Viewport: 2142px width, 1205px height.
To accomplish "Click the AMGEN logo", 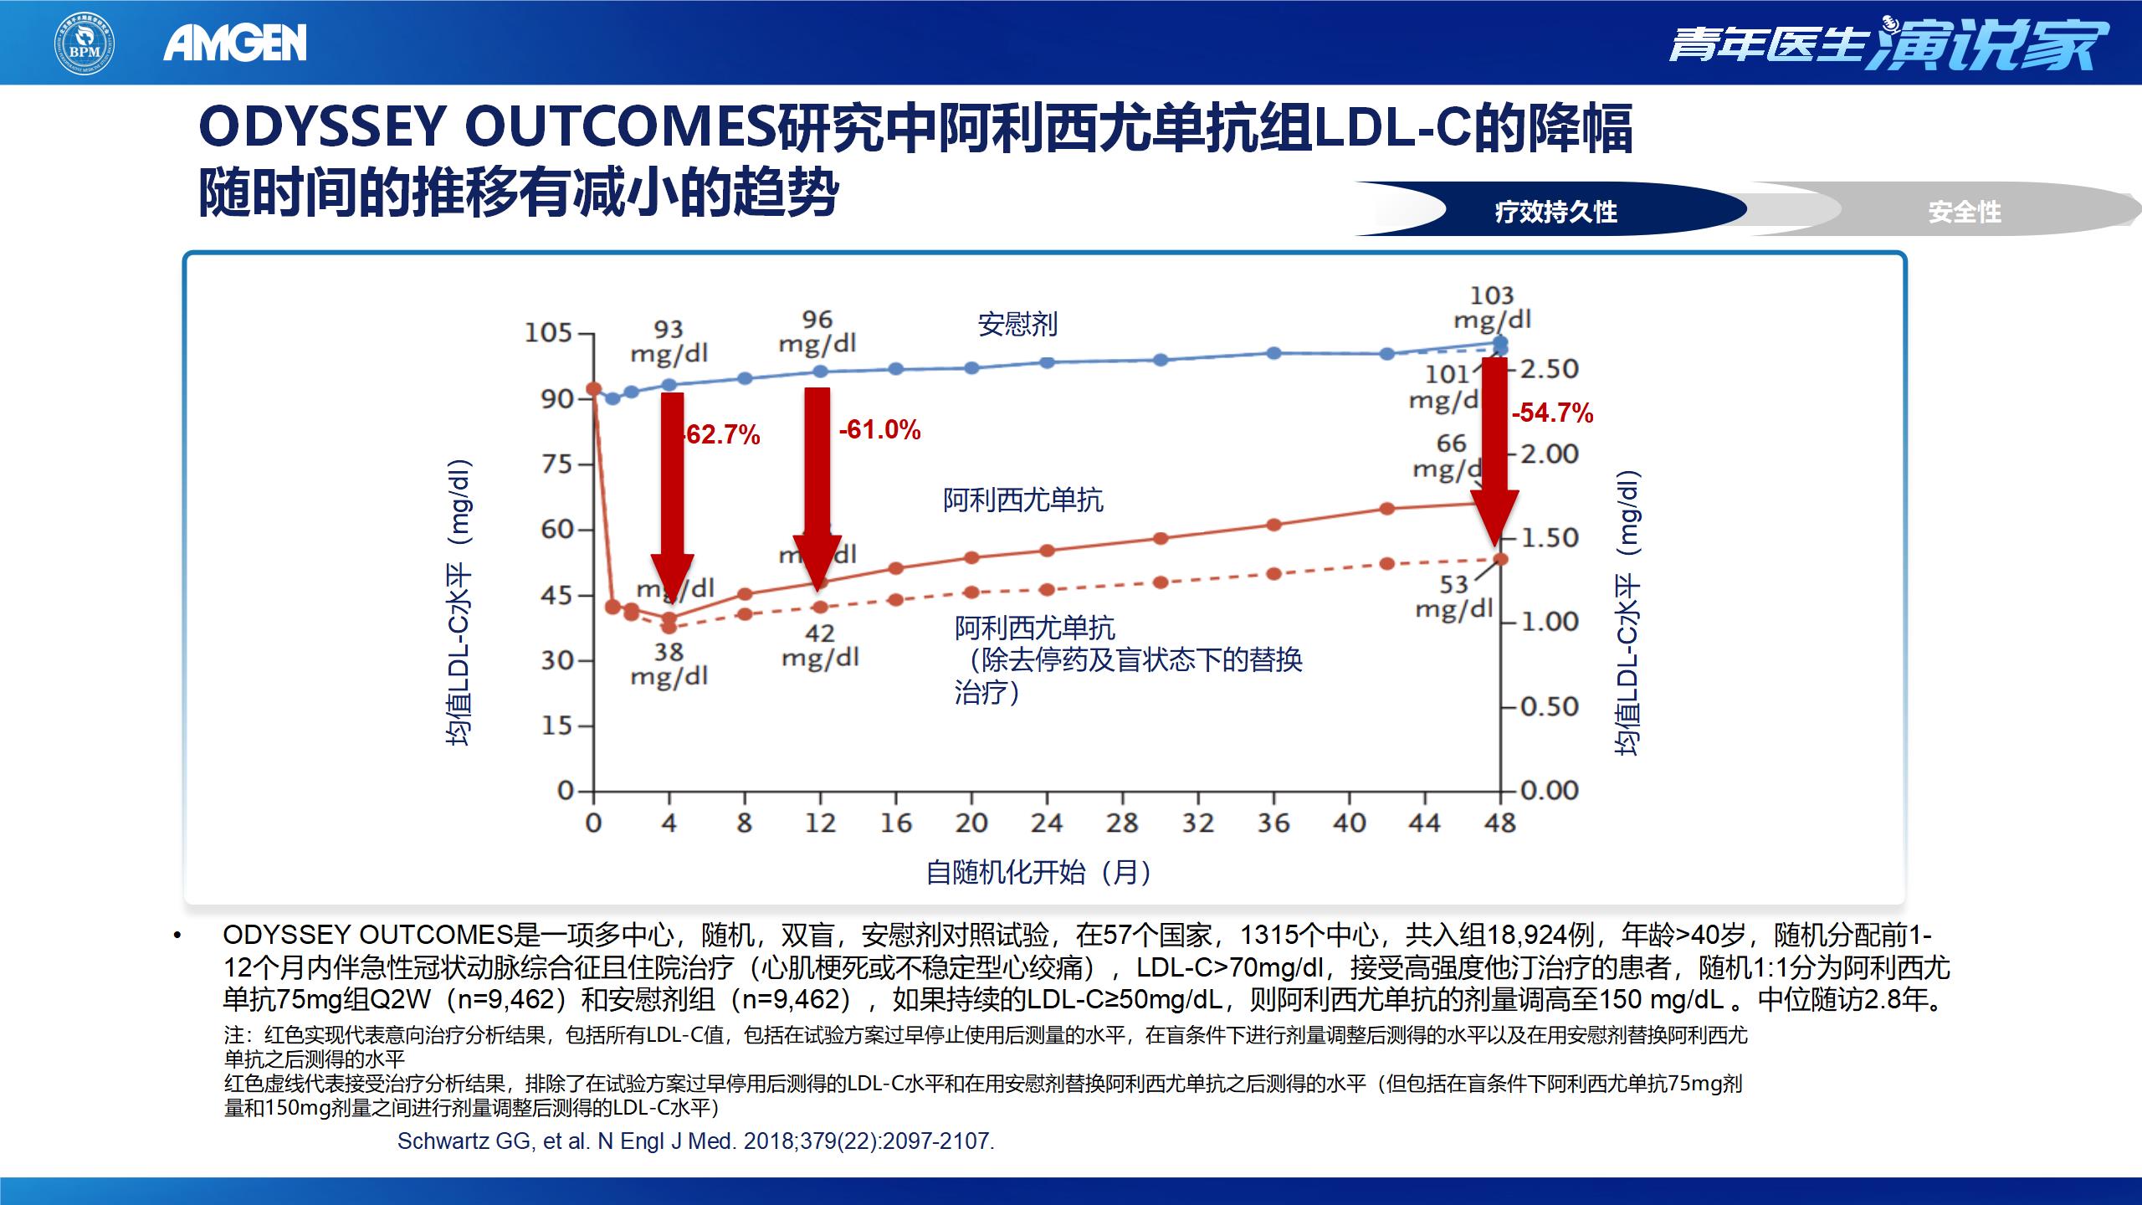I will point(235,43).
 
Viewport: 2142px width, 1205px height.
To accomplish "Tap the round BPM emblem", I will point(85,43).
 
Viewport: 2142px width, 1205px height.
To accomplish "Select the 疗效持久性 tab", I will point(1555,212).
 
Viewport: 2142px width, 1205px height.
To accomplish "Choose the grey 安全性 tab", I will point(1964,212).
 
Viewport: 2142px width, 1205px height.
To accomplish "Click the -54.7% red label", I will point(1552,413).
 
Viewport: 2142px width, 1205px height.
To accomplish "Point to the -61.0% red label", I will point(879,430).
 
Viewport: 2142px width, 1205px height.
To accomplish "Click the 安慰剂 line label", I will point(1017,324).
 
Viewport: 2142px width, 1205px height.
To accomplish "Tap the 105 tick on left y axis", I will point(548,333).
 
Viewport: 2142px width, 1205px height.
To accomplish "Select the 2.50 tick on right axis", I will point(1549,369).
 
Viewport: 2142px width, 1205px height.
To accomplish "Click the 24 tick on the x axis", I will point(1046,823).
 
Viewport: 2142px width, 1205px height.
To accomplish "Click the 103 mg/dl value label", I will point(1492,307).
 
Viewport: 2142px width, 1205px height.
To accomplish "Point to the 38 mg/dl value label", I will point(669,664).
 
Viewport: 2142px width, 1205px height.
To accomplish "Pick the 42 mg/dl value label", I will point(820,645).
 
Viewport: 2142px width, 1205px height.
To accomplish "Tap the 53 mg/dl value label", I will point(1454,597).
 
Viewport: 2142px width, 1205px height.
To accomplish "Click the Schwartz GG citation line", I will point(695,1141).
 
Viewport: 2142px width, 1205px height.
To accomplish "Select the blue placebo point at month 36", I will point(1273,353).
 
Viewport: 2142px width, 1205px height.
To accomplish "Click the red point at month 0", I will point(593,389).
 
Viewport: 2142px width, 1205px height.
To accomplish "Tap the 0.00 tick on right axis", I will point(1549,791).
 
